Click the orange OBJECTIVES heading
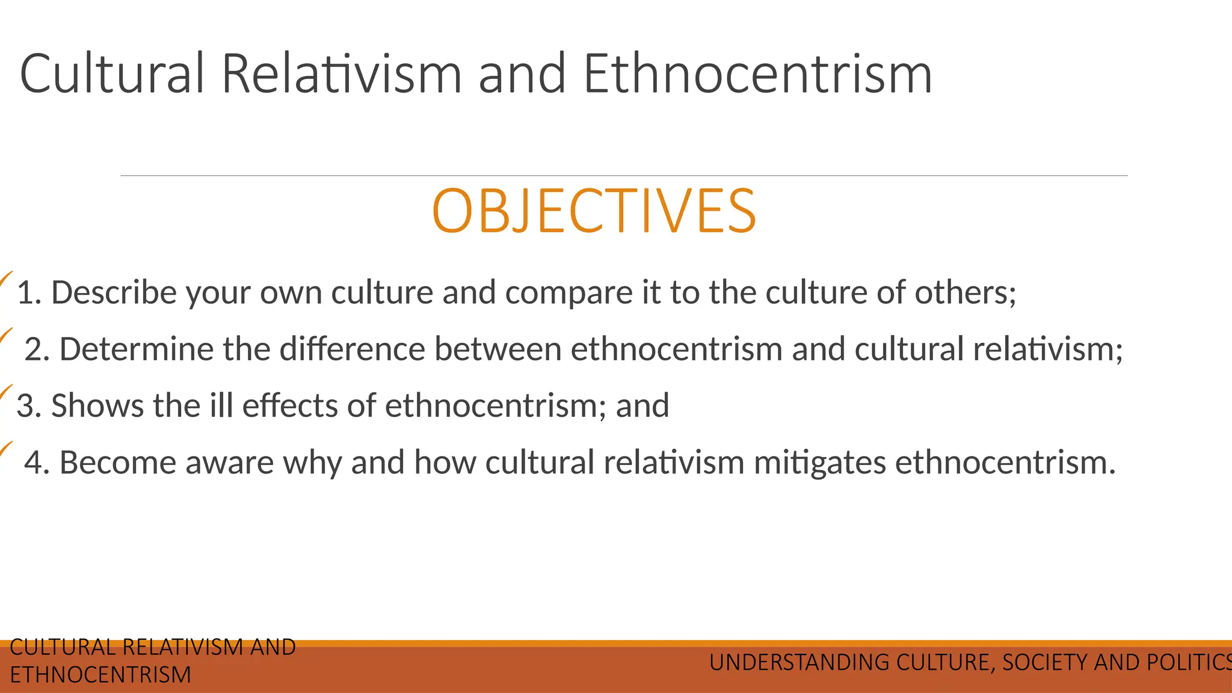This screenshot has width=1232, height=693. coord(594,211)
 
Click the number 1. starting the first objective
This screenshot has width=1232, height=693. coord(29,293)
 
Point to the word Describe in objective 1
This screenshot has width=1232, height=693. coord(114,293)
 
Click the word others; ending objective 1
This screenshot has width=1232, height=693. coord(965,293)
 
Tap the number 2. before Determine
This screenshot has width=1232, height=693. coord(37,350)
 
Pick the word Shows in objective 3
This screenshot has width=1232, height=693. coord(97,406)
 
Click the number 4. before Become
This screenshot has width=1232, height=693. coord(37,463)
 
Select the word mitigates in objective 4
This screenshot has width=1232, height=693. coord(819,463)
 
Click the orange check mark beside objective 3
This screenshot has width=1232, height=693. coord(5,393)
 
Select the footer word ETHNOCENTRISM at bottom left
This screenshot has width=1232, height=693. coord(100,675)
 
